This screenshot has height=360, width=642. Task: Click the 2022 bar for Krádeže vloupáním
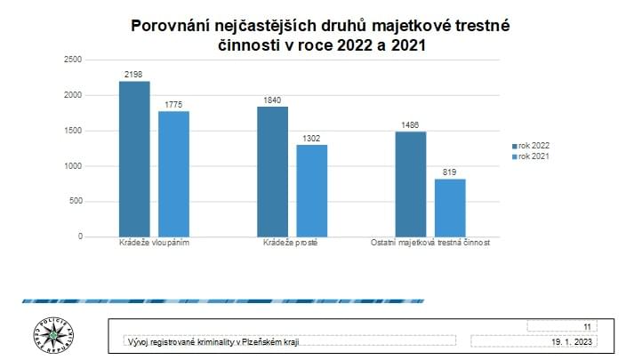tap(134, 159)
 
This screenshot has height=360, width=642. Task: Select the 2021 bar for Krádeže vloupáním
tap(174, 174)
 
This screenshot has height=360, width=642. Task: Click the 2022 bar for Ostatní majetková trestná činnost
tap(410, 184)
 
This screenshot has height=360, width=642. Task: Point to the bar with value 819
tap(450, 208)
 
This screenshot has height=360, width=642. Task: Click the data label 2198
tap(134, 75)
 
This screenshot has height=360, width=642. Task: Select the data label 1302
tap(312, 138)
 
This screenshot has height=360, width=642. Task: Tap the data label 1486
tap(410, 125)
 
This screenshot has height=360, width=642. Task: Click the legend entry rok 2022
tap(534, 146)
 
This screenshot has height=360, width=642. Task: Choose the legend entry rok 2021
tap(534, 156)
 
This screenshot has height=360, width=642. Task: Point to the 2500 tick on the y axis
tap(73, 60)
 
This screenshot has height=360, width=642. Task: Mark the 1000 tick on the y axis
tap(73, 166)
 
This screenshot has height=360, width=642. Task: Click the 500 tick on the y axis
tap(76, 202)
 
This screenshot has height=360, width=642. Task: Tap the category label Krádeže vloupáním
tap(154, 243)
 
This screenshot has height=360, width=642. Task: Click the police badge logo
tap(54, 335)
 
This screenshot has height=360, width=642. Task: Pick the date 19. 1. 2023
tap(574, 340)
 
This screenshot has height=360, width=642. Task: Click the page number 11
tap(587, 326)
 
